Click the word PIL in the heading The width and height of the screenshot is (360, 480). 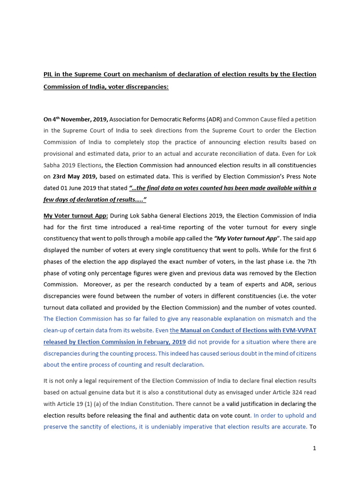[48, 75]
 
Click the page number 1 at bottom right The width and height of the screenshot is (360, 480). [315, 448]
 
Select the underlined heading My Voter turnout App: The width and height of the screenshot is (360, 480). [75, 216]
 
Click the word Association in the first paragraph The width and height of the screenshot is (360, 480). [127, 120]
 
